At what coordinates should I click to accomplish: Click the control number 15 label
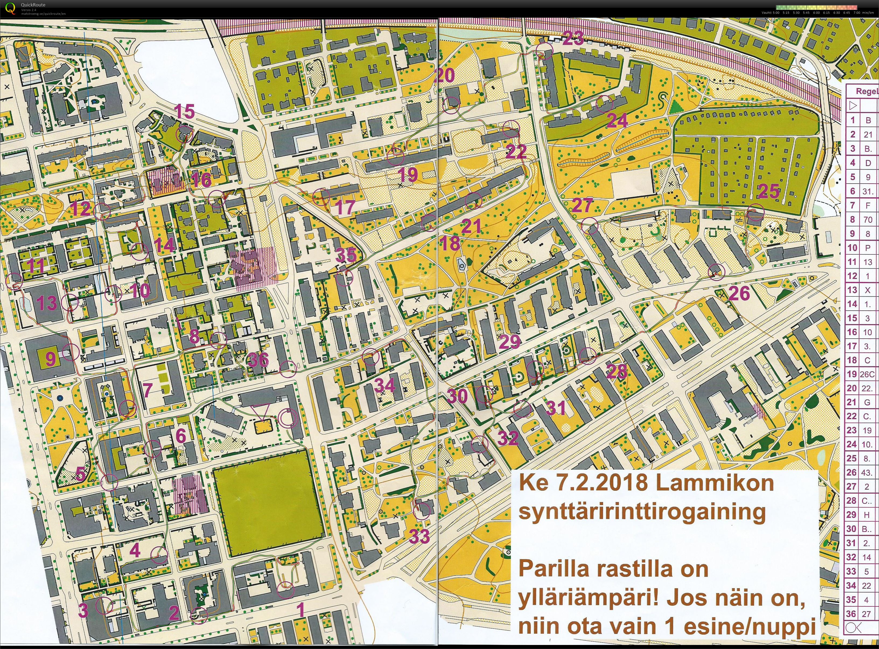tap(184, 111)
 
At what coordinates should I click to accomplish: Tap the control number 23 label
tap(573, 38)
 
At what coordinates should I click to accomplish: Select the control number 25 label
tap(769, 191)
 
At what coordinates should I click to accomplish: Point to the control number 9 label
tap(51, 358)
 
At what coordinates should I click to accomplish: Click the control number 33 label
tap(419, 536)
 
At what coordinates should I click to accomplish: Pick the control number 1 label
tap(301, 610)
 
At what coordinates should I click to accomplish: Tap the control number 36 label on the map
tap(258, 359)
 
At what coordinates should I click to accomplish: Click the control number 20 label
tap(445, 75)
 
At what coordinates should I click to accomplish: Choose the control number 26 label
tap(739, 293)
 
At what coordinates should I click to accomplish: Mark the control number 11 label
tap(36, 266)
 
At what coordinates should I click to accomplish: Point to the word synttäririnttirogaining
tap(642, 511)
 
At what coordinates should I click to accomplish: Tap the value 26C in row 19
tap(867, 374)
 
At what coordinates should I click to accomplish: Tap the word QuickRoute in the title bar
tap(33, 5)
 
